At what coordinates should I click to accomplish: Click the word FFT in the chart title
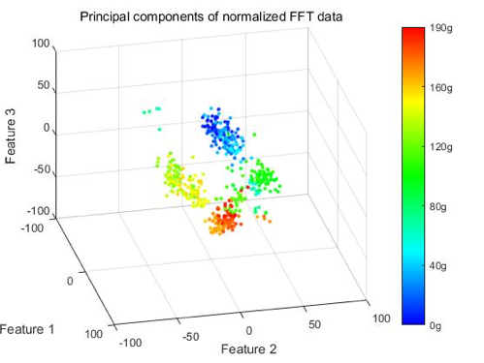[300, 16]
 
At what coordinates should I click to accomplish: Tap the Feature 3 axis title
[11, 136]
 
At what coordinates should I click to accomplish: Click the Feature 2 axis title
[248, 349]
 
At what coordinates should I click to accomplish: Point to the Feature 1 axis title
[27, 329]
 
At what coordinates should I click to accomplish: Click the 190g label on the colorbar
[441, 28]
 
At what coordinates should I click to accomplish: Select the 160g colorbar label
[441, 88]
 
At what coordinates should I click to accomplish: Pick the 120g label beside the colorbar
[441, 147]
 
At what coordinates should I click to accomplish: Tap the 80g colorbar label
[438, 206]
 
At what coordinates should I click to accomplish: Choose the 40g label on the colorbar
[438, 266]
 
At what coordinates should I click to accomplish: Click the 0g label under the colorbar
[436, 326]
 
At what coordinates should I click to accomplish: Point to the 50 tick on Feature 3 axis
[44, 85]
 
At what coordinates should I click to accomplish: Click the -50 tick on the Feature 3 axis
[43, 169]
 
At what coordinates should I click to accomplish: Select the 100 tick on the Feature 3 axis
[41, 44]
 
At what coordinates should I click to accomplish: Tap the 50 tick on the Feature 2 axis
[314, 324]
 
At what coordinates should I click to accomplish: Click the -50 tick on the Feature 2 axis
[190, 337]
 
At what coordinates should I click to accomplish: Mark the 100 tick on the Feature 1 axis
[93, 334]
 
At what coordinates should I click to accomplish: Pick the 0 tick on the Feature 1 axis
[70, 281]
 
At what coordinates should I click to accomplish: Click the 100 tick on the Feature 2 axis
[381, 318]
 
